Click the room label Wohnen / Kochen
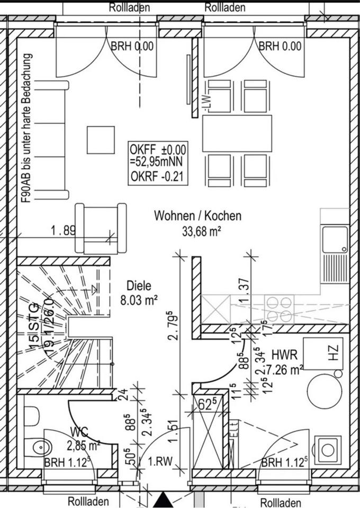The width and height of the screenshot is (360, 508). pyautogui.click(x=197, y=216)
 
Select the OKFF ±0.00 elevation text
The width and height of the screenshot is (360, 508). pyautogui.click(x=158, y=149)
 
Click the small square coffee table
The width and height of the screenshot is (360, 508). pyautogui.click(x=101, y=139)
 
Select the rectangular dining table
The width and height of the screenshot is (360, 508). pyautogui.click(x=237, y=132)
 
